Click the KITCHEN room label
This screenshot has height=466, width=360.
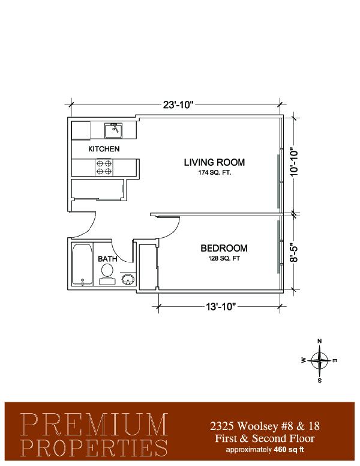coord(104,149)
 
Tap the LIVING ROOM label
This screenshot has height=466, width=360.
coord(214,162)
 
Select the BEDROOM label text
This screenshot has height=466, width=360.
coord(224,248)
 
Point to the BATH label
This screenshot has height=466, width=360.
coord(107,259)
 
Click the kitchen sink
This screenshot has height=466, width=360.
coord(113,130)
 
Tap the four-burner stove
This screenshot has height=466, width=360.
coord(104,168)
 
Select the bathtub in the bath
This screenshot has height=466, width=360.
coord(82,264)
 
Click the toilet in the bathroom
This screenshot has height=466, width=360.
coord(107,274)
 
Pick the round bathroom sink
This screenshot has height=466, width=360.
coord(128,279)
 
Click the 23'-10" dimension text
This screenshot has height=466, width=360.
coord(178,105)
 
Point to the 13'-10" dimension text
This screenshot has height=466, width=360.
coord(221,306)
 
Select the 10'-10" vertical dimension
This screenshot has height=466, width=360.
coord(294,162)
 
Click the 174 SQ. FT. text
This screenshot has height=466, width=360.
coord(215,172)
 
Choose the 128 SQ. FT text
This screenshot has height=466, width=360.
coord(224,258)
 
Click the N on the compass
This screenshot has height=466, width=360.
coord(320,341)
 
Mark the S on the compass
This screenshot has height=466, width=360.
coord(320,380)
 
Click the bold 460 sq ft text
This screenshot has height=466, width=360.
coord(289,449)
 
